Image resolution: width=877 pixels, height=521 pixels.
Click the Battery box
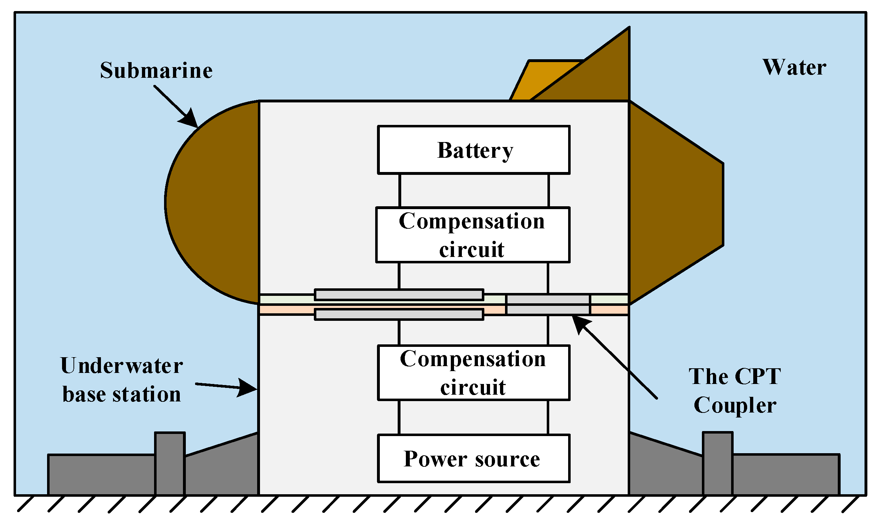pos(474,150)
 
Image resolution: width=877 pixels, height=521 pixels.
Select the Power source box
pos(474,459)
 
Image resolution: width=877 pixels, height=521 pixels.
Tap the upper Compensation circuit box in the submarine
pos(473,235)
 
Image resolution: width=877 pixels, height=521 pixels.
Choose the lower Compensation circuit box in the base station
pos(474,373)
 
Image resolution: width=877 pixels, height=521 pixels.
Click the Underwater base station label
pos(122,380)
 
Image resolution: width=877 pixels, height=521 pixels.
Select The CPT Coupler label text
pos(735,390)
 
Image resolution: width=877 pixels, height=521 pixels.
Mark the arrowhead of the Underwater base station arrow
pos(247,388)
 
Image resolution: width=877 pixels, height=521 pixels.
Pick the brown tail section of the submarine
pos(674,203)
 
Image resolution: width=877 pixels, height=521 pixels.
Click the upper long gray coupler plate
pos(399,295)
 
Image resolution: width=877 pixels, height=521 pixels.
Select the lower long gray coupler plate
pos(399,314)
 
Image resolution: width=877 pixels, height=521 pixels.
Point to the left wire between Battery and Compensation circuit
pos(400,190)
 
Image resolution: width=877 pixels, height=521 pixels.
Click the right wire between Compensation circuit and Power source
pos(548,417)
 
